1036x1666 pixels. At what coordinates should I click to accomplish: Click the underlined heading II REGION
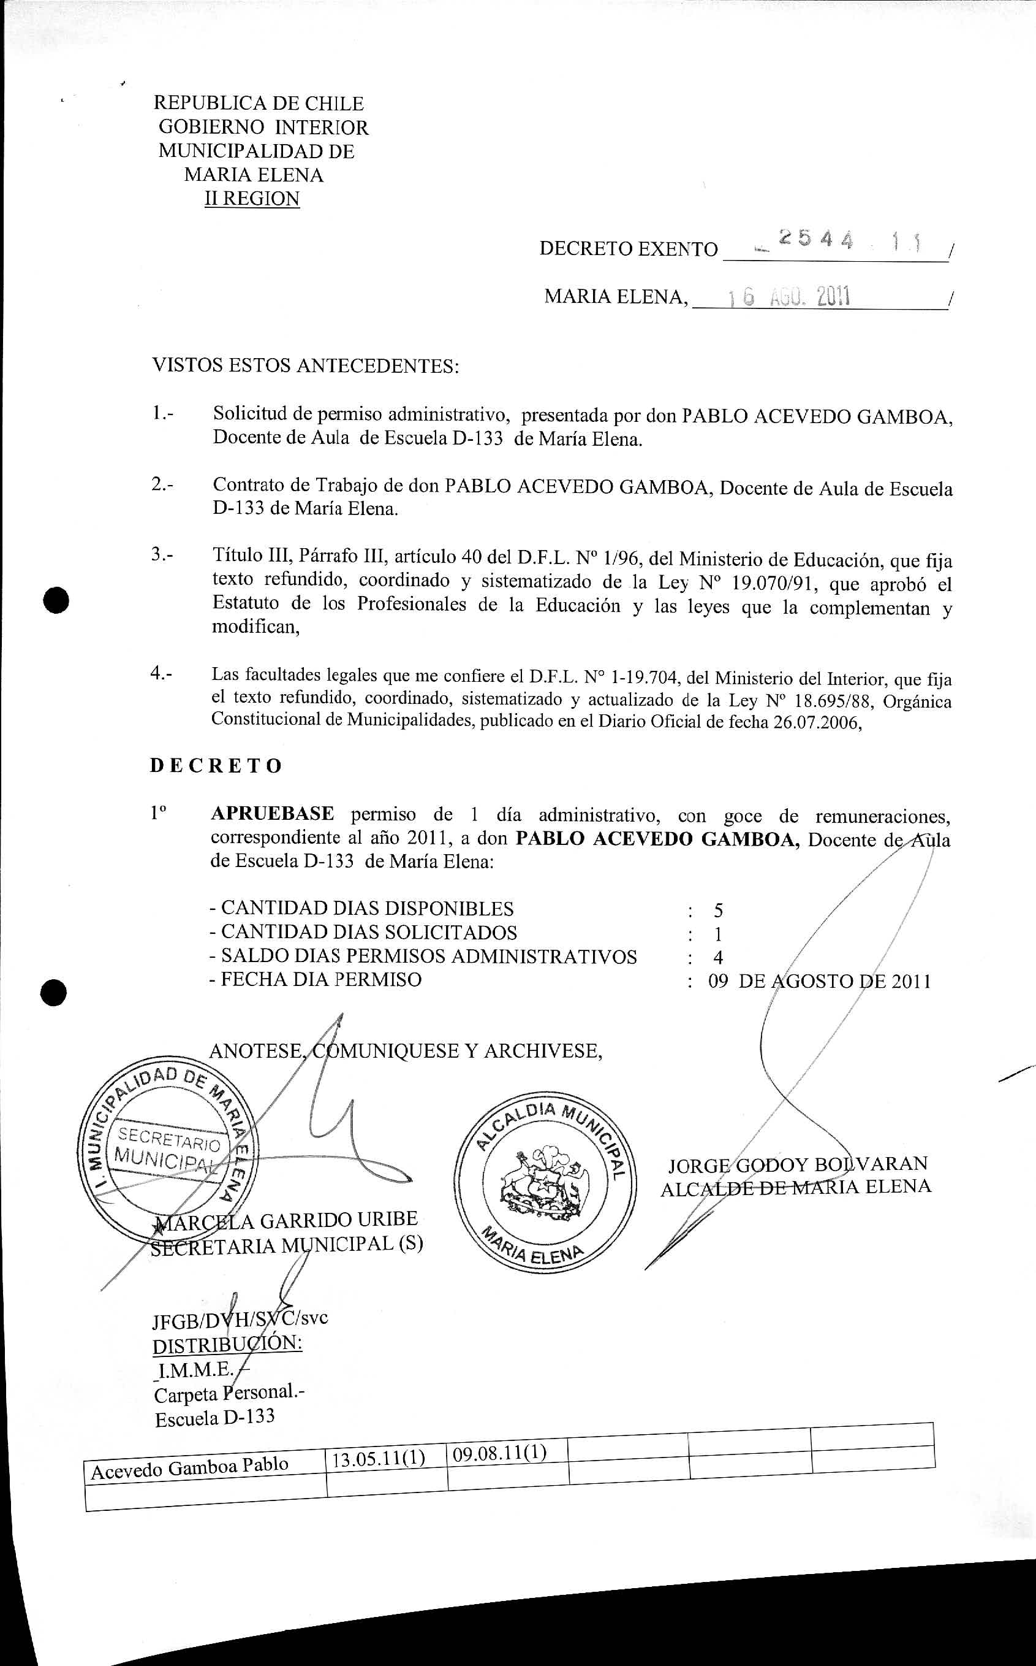coord(252,199)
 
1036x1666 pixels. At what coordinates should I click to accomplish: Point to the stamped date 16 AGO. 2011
coord(788,297)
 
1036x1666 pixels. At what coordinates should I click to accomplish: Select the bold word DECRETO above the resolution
coord(216,766)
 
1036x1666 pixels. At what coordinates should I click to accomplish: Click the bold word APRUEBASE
coord(272,814)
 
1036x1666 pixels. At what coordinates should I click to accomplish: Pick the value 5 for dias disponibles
coord(718,911)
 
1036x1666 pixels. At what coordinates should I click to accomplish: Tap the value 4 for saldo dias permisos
coord(717,958)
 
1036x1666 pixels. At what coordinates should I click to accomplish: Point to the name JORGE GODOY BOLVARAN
coord(798,1164)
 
